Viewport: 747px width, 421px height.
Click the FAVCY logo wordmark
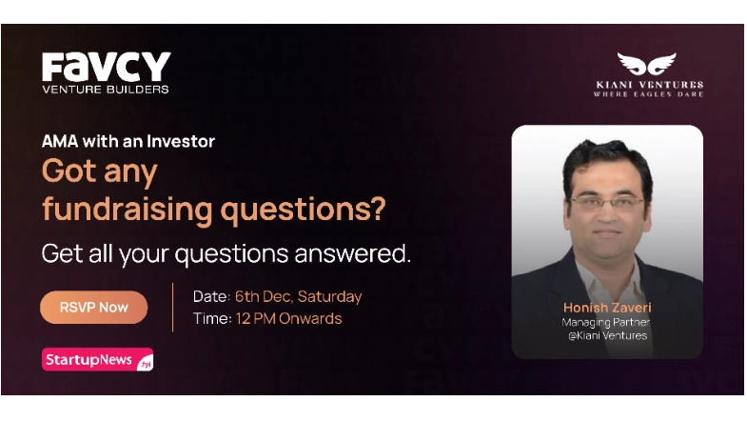(x=106, y=67)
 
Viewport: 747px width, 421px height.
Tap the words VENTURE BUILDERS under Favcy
(x=106, y=90)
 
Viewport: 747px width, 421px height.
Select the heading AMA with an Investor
(x=128, y=141)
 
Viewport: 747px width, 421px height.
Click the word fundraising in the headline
(x=129, y=210)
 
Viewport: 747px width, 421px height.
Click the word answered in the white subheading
(x=357, y=254)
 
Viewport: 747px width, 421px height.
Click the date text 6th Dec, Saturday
(x=298, y=296)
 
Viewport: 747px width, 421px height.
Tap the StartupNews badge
(x=97, y=360)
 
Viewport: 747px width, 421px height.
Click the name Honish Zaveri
(x=606, y=308)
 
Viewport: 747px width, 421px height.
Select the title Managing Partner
(x=606, y=322)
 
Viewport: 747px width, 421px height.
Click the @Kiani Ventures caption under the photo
(x=606, y=335)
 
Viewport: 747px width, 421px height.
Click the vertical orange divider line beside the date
(x=172, y=307)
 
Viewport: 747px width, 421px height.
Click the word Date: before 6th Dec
(x=211, y=296)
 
